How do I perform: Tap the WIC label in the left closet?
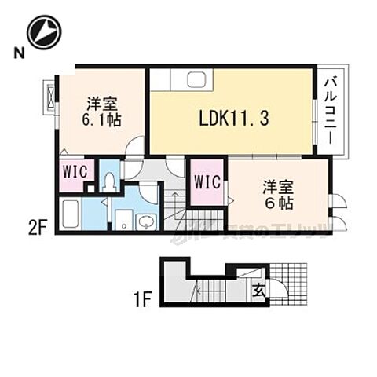75,174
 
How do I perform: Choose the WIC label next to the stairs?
207,182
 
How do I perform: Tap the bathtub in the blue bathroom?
71,215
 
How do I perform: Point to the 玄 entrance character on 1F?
257,290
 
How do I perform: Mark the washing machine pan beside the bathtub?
123,220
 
